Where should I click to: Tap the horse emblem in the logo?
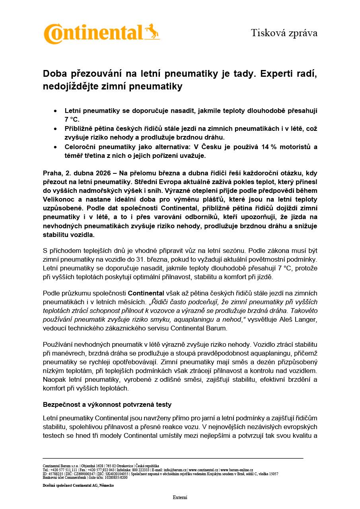point(152,32)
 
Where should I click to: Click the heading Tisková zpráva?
point(284,33)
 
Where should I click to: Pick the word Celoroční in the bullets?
point(83,147)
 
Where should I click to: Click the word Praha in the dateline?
point(52,173)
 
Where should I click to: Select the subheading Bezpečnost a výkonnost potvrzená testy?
point(107,404)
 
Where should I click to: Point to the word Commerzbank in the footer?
point(75,477)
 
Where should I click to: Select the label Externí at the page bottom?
point(180,497)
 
